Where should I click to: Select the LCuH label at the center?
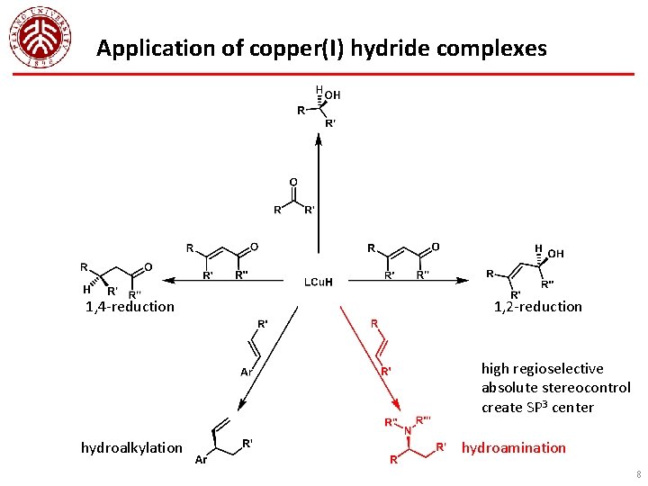coord(317,282)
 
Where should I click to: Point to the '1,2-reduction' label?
coord(538,307)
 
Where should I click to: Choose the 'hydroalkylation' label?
coord(131,447)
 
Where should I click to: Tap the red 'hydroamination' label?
coord(514,447)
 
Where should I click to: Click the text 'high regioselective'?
coord(543,368)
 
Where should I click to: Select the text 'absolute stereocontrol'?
coord(556,388)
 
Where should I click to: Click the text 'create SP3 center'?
coord(538,408)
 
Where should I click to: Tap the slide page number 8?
coord(638,473)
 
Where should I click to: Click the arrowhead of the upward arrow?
coord(318,138)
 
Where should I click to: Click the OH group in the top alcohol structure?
coord(333,94)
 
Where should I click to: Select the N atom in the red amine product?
coord(407,430)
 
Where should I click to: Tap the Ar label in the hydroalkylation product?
coord(202,461)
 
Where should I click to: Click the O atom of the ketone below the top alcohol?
coord(293,183)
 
